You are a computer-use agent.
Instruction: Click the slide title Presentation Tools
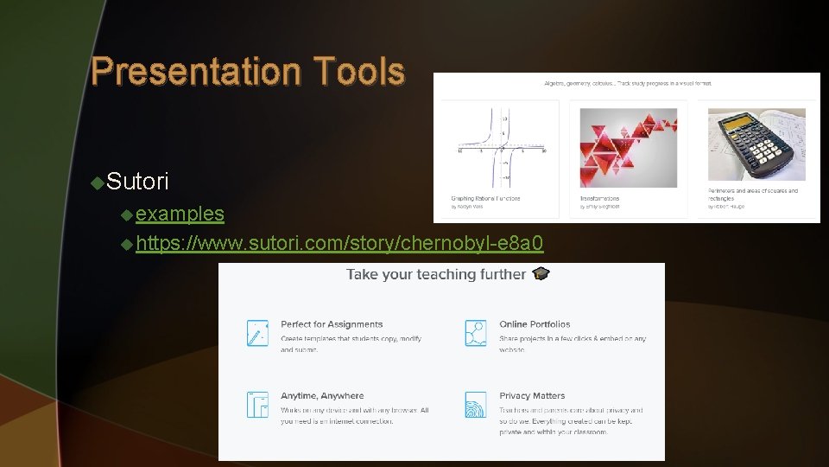point(247,71)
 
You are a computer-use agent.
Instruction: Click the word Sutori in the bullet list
point(138,182)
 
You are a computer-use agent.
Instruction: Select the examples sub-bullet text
point(180,214)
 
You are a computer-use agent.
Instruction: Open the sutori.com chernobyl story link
point(339,243)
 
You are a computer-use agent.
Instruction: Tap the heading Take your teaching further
point(435,274)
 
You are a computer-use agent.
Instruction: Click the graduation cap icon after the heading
point(541,274)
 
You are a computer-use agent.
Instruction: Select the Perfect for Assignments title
point(332,324)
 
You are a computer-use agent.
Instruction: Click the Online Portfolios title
point(535,324)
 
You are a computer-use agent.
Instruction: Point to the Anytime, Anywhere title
point(322,396)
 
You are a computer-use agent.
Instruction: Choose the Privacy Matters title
point(532,396)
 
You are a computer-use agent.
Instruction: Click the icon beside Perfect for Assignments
point(257,333)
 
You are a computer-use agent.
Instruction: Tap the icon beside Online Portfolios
point(475,333)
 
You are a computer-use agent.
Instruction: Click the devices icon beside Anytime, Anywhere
point(257,405)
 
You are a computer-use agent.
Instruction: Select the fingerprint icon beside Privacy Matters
point(475,405)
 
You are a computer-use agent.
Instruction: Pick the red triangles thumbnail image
point(628,147)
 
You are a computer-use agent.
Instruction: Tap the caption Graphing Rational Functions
point(485,199)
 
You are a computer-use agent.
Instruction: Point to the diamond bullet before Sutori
point(98,182)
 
